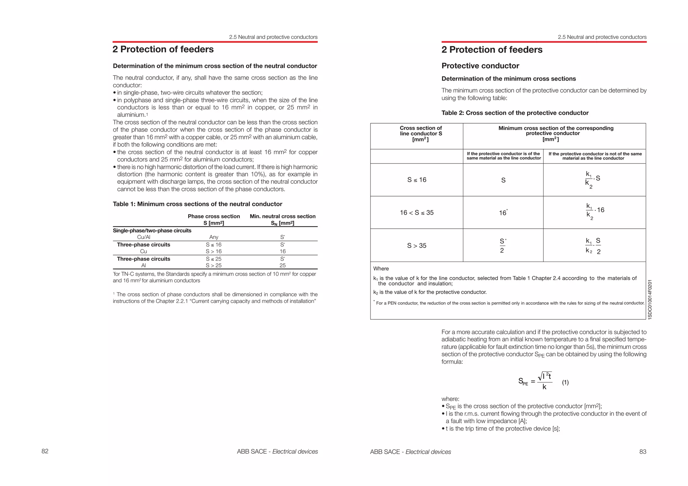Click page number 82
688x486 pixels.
[x=45, y=451]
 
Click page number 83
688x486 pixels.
[x=642, y=452]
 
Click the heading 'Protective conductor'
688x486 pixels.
[x=480, y=66]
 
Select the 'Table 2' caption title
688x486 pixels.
[x=515, y=113]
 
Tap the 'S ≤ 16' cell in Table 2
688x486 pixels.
[x=417, y=180]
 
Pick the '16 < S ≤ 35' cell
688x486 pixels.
[x=417, y=213]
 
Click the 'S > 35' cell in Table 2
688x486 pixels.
[x=417, y=246]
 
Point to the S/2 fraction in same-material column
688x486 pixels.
[x=502, y=246]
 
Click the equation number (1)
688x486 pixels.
[x=565, y=382]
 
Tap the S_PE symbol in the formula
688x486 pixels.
[x=523, y=382]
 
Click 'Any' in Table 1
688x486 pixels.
[x=214, y=237]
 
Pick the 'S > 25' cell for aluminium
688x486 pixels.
[x=214, y=265]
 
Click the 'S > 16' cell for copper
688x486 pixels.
[x=214, y=251]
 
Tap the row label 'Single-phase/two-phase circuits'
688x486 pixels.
[x=152, y=230]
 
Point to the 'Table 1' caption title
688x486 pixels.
[x=197, y=204]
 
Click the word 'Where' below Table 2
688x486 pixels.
[x=381, y=269]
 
